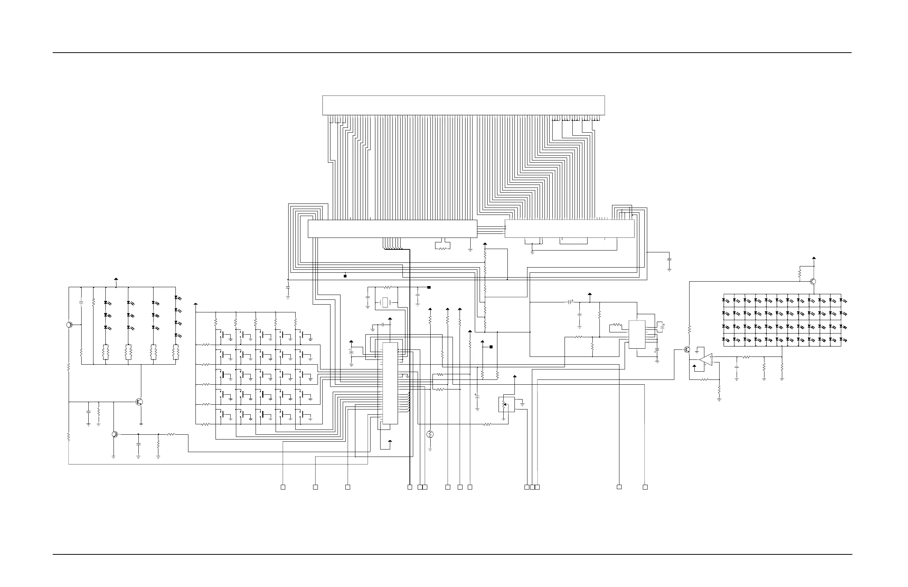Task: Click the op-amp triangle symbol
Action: click(x=706, y=359)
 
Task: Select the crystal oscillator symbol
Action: click(x=385, y=303)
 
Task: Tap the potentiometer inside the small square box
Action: click(x=506, y=404)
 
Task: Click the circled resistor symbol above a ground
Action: click(x=430, y=434)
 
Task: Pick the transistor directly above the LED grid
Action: click(x=813, y=282)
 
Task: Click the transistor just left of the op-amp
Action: click(x=687, y=349)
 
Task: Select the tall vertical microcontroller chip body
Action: click(x=390, y=383)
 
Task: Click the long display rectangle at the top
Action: click(x=463, y=105)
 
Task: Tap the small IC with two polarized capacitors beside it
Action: click(x=637, y=334)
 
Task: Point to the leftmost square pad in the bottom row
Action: click(x=283, y=487)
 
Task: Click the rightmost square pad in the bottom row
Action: click(x=645, y=487)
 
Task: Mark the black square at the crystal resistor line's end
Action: click(x=429, y=288)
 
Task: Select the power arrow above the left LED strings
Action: click(x=116, y=280)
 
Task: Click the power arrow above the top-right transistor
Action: click(x=814, y=258)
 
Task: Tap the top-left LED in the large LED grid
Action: click(x=726, y=301)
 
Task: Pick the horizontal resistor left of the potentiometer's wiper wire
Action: click(x=487, y=424)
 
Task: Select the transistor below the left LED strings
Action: click(x=139, y=402)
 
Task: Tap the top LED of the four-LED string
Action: click(x=177, y=298)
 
